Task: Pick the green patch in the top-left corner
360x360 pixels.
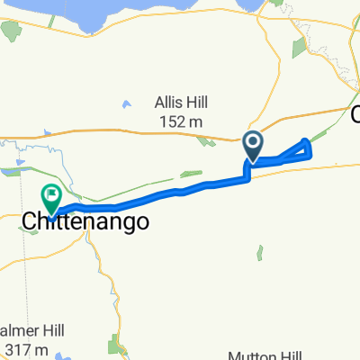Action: [x=12, y=30]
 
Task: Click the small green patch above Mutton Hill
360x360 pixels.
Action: [x=261, y=255]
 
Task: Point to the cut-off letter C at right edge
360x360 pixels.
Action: [x=355, y=113]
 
